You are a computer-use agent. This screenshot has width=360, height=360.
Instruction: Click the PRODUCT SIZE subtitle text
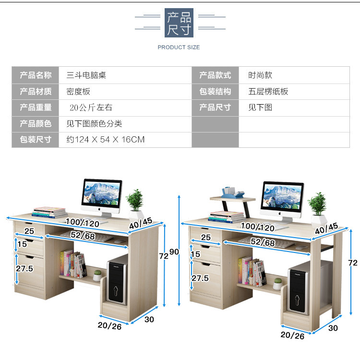click(179, 47)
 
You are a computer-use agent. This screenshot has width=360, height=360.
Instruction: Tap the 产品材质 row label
click(36, 91)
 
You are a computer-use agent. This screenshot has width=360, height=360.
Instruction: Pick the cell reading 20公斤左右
click(91, 108)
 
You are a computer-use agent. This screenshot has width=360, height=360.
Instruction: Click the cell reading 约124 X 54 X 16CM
click(105, 140)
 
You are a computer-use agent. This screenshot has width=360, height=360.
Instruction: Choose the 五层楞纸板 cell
click(268, 91)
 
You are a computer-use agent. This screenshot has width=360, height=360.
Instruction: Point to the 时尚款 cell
click(260, 75)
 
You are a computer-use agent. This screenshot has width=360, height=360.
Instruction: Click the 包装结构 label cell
click(215, 91)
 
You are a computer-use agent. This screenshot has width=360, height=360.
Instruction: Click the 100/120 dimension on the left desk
click(83, 223)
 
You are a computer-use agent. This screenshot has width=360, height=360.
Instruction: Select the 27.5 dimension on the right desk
click(200, 278)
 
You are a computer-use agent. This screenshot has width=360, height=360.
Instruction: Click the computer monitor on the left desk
click(102, 196)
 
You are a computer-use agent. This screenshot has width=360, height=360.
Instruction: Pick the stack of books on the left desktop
click(49, 212)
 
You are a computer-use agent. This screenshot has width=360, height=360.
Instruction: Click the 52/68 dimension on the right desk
click(263, 243)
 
